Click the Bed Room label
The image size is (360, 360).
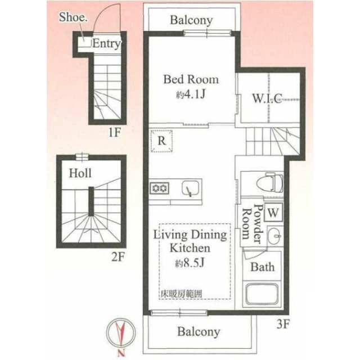191,79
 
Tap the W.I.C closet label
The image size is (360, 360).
267,98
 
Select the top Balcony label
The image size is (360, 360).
191,21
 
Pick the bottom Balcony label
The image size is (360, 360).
198,331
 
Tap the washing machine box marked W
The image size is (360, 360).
273,213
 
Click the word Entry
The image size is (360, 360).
106,44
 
